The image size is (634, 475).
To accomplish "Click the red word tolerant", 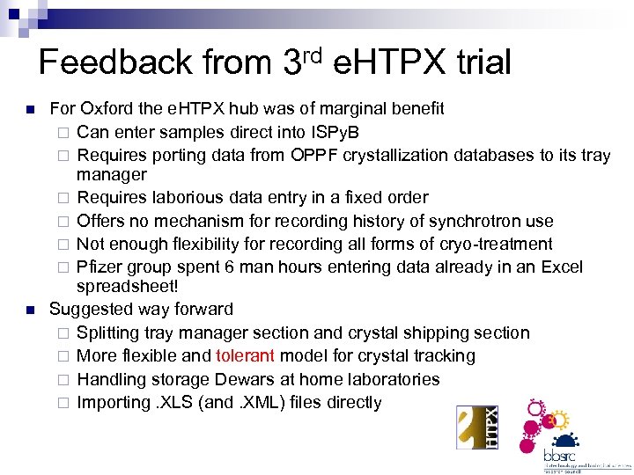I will [x=244, y=356].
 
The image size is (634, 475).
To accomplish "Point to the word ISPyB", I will [x=336, y=133].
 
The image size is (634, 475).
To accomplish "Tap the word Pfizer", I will [x=100, y=267].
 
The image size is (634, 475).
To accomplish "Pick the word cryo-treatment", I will [x=499, y=245].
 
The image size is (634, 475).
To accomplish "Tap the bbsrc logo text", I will [x=560, y=456].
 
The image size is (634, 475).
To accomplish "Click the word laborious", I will [x=187, y=198].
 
